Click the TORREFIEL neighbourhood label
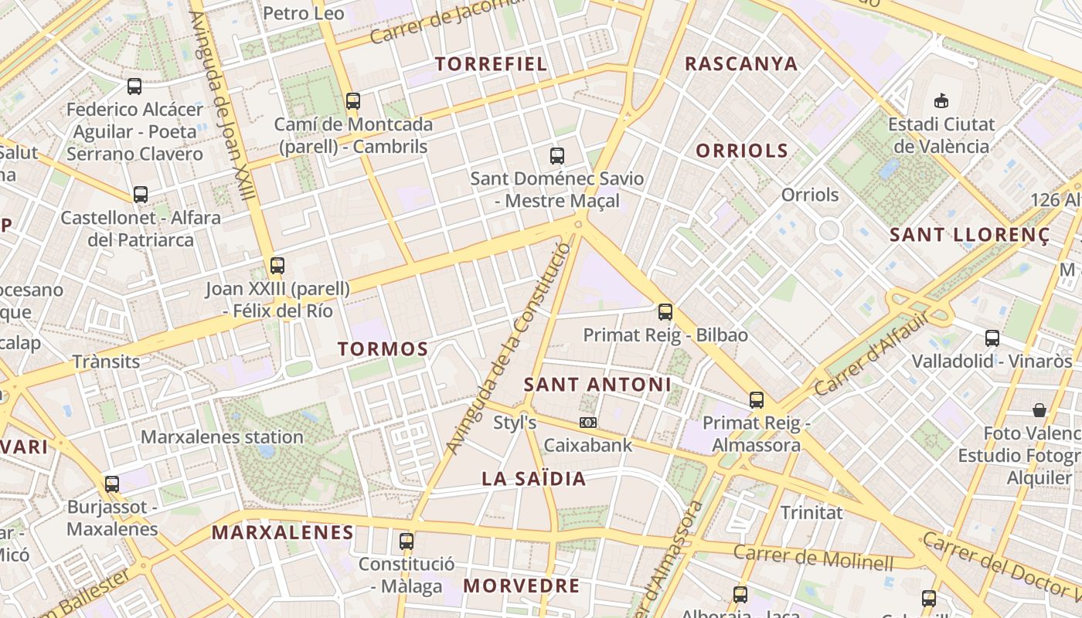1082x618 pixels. tap(492, 64)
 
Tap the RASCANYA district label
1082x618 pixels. tap(741, 64)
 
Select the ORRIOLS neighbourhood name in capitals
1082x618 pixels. tap(742, 151)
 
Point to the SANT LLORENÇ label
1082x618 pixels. tap(970, 235)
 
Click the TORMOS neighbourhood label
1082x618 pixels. tap(383, 349)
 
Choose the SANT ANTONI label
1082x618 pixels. tap(597, 385)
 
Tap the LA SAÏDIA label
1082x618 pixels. tap(534, 479)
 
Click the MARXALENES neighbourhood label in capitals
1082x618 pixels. tap(283, 532)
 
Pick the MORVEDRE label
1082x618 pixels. tap(522, 586)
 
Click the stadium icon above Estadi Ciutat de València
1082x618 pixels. tap(941, 100)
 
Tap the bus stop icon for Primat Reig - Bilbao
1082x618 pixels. tap(665, 312)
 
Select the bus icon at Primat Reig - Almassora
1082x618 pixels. tap(757, 400)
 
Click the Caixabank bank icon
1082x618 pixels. tap(588, 423)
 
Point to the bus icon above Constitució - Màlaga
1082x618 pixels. tap(407, 541)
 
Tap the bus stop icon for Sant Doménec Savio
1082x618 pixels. tap(557, 156)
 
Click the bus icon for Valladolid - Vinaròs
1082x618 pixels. tap(992, 338)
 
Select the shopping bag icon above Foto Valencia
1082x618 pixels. tap(1039, 409)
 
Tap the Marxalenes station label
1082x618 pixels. tap(222, 437)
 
